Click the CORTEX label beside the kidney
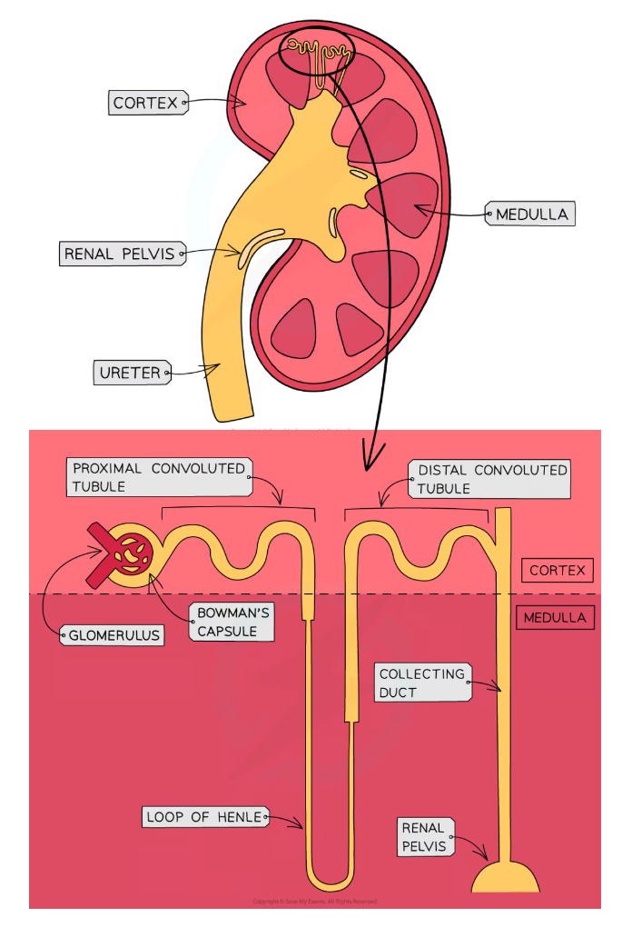[146, 103]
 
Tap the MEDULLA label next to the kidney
[531, 214]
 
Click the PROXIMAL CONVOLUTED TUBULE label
[158, 477]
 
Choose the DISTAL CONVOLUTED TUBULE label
[491, 479]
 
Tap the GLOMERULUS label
[113, 634]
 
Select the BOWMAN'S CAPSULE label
[232, 623]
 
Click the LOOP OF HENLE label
[205, 817]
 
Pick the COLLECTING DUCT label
[421, 683]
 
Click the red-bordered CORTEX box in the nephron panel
[557, 571]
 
